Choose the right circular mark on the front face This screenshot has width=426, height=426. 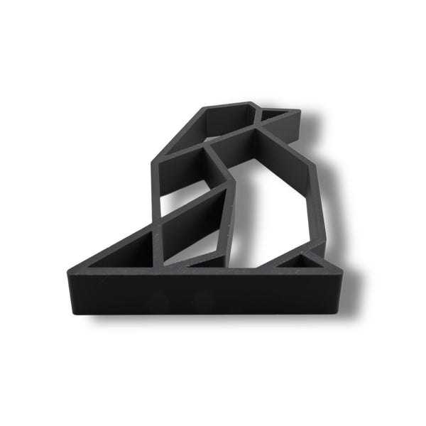pos(202,297)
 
